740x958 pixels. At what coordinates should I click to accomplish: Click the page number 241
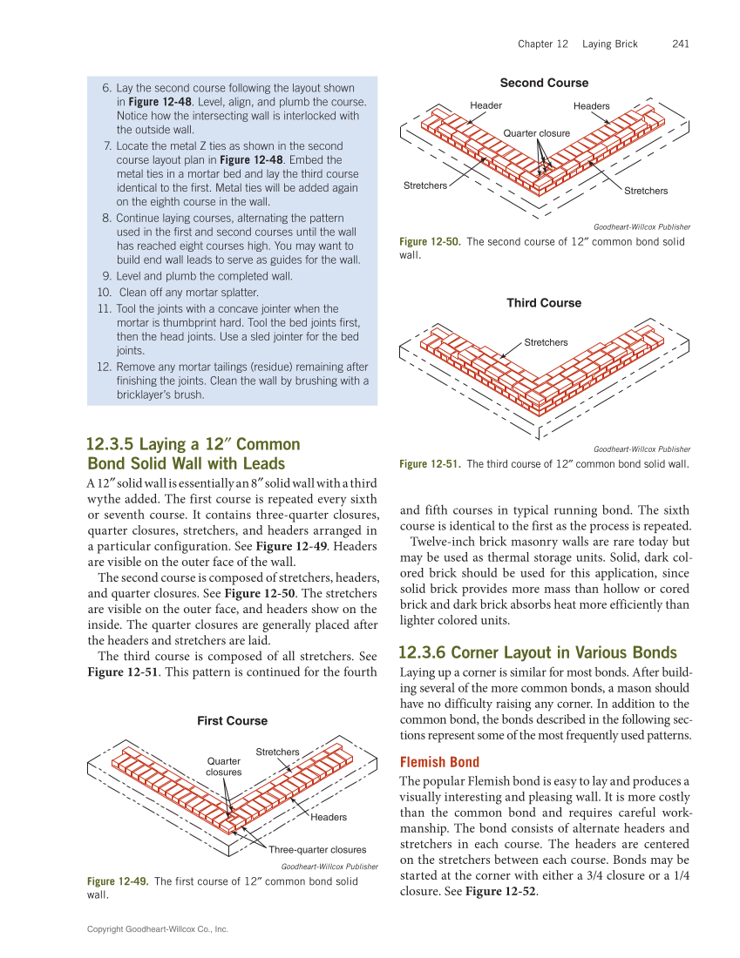coord(681,44)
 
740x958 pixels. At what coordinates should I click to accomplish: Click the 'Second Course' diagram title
coord(544,83)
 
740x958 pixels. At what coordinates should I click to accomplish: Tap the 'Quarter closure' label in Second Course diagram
coord(536,133)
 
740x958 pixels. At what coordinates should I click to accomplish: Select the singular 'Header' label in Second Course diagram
coord(485,105)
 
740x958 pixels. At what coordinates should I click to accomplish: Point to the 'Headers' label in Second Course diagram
coord(591,106)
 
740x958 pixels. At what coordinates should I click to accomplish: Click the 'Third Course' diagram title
coord(544,303)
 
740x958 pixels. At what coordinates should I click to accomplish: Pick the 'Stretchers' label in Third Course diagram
coord(546,342)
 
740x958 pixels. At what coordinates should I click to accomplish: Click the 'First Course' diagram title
coord(232,721)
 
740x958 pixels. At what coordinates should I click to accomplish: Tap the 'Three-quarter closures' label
coord(317,849)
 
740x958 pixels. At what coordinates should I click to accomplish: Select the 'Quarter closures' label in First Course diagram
coord(224,766)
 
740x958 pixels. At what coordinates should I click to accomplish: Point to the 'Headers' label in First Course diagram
coord(329,817)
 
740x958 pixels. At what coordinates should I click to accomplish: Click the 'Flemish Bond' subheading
coord(439,762)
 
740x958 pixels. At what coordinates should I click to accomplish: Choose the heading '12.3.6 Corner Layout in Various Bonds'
coord(537,652)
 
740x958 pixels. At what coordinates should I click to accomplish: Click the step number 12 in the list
coord(104,367)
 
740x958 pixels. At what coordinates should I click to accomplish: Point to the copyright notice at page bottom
coord(157,930)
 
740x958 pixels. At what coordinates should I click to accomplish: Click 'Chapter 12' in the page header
coord(542,44)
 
